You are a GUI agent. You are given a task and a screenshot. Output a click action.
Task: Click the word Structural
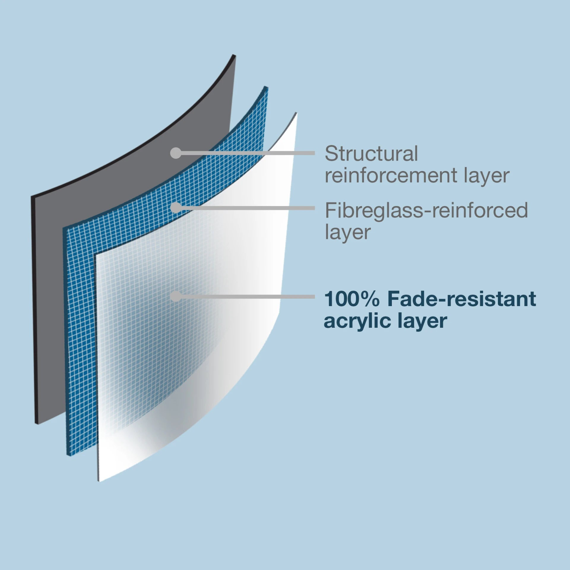point(371,153)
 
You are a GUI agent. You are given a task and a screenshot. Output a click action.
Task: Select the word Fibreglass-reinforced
point(426,210)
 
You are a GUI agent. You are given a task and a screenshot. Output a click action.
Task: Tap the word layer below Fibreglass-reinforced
point(348,232)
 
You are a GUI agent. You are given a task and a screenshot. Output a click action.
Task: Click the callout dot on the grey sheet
point(176,153)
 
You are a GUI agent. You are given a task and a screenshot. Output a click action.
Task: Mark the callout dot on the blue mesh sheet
point(176,208)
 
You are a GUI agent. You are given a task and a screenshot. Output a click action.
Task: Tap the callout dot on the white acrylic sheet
point(176,296)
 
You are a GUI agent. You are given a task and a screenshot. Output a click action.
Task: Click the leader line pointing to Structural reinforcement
point(246,153)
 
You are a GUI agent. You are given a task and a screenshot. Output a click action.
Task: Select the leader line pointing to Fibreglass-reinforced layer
point(246,208)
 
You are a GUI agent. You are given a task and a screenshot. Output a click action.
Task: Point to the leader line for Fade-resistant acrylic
point(246,297)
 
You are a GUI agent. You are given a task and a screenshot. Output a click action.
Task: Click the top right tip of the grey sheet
point(234,56)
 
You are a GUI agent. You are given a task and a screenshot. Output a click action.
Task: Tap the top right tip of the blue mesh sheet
point(266,88)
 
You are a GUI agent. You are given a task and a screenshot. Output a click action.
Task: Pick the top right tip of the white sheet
point(296,113)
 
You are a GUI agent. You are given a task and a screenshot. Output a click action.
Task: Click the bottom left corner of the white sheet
point(99,480)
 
